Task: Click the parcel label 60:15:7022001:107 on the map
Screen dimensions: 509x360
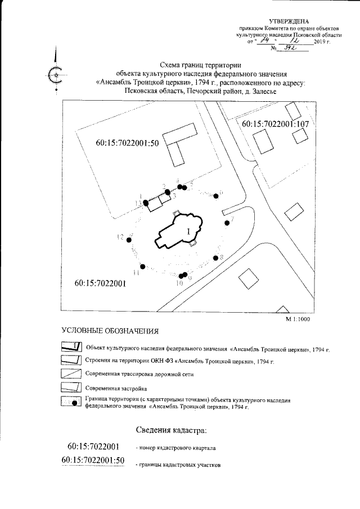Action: [x=276, y=124]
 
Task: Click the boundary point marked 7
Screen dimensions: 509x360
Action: [x=227, y=223]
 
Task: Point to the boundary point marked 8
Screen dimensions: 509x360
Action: [x=215, y=258]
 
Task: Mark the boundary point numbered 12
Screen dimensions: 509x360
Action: [x=129, y=240]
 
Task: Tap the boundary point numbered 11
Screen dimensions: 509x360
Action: [x=143, y=266]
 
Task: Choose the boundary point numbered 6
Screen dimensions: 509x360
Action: [x=216, y=195]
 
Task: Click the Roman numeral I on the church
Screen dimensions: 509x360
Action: [x=188, y=230]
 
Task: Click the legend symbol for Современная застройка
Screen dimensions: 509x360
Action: [x=70, y=388]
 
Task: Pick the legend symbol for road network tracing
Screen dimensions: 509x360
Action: [x=70, y=373]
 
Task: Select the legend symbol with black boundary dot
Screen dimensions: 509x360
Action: [x=70, y=402]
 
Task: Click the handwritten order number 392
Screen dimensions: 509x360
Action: [x=290, y=49]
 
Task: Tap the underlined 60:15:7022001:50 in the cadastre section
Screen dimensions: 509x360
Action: [x=93, y=461]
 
